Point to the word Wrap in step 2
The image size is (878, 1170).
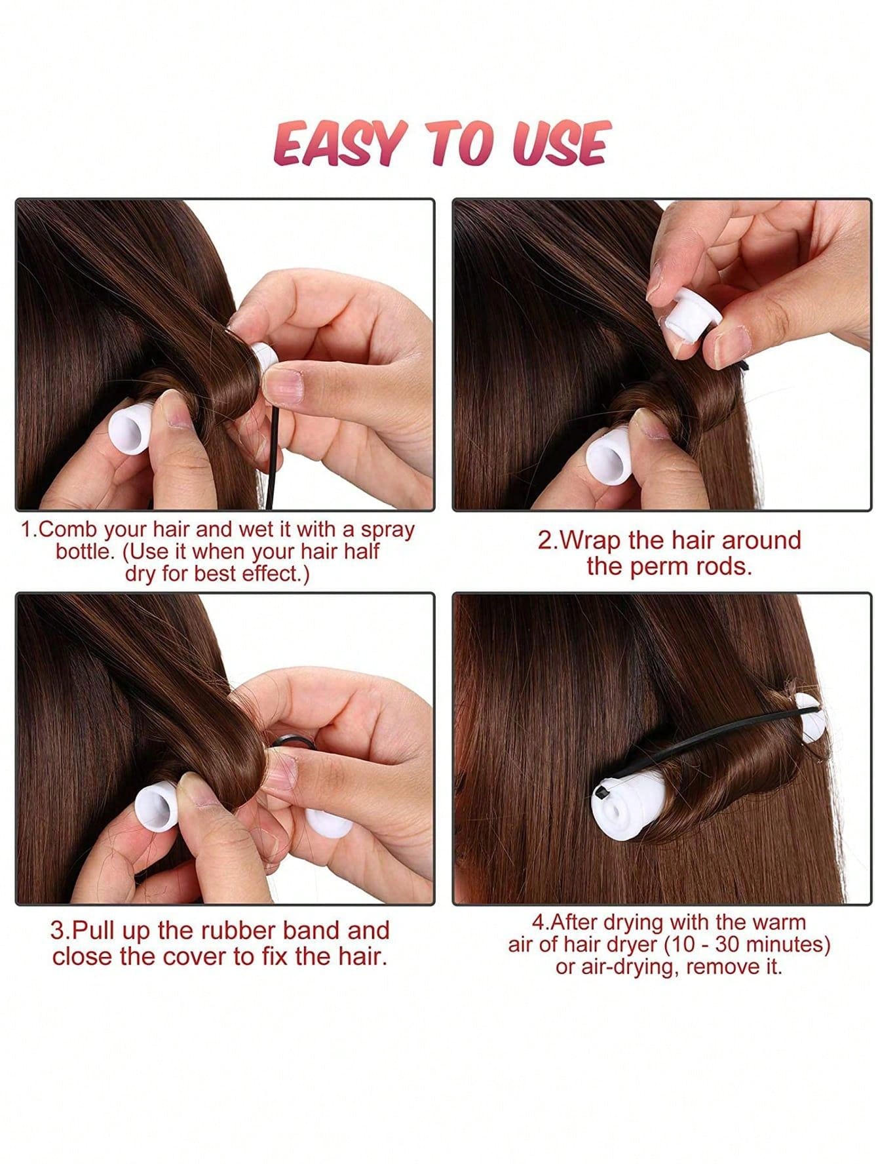click(x=588, y=541)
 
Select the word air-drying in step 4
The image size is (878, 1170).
click(x=619, y=967)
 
